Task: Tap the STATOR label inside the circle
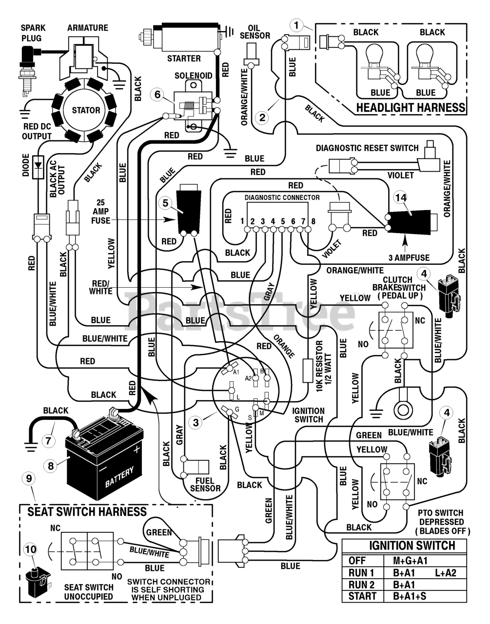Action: click(86, 110)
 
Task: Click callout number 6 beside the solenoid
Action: click(157, 95)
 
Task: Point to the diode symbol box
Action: click(39, 167)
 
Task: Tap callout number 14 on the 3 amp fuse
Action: click(401, 197)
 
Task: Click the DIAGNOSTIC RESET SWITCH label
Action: click(367, 148)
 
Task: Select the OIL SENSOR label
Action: click(255, 32)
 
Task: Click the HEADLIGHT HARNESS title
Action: click(411, 108)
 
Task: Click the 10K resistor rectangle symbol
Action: click(308, 370)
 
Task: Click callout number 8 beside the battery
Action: click(51, 466)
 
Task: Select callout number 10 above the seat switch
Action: click(30, 549)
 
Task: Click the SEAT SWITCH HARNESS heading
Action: click(87, 512)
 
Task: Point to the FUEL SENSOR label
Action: click(205, 485)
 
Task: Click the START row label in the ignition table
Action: click(362, 596)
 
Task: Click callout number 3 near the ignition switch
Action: click(196, 422)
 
